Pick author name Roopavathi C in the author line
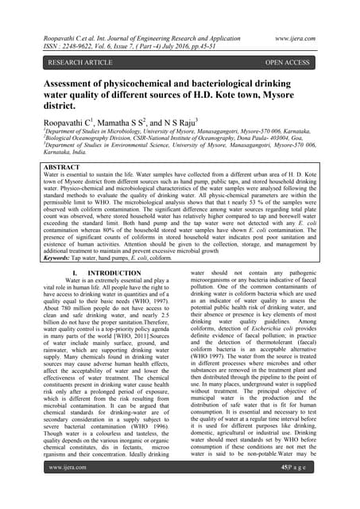click(x=82, y=122)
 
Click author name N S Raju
click(x=222, y=122)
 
